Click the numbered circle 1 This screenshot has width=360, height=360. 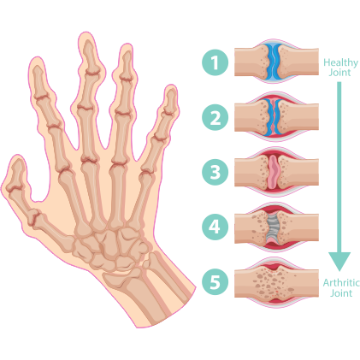point(215,62)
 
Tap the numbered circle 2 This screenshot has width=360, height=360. point(215,117)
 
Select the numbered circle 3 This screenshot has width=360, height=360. point(215,172)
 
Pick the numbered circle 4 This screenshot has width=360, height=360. point(215,227)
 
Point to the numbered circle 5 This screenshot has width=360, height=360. point(215,282)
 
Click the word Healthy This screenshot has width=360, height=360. point(340,62)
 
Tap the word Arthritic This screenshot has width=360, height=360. point(341,283)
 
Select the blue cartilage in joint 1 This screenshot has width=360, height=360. point(274,62)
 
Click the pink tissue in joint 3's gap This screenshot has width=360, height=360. point(274,172)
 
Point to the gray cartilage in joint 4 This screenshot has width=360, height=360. point(273,227)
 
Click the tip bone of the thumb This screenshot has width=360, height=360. point(16,174)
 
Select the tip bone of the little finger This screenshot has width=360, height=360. point(169,103)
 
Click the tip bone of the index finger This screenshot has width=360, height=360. point(40,82)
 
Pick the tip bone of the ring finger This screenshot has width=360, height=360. point(127,65)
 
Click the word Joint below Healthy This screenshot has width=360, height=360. point(339,73)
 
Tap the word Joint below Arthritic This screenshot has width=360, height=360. point(341,293)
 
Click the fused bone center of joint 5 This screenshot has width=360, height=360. point(273,282)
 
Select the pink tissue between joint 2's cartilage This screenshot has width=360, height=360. point(274,117)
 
